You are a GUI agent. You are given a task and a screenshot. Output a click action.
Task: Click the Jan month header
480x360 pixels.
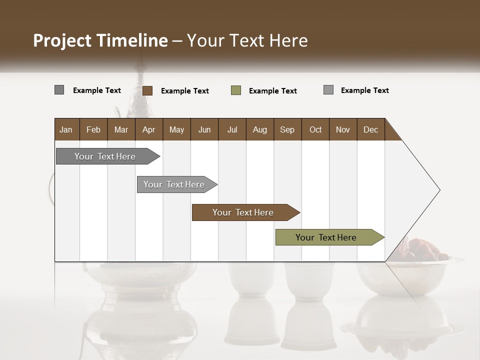tap(66, 129)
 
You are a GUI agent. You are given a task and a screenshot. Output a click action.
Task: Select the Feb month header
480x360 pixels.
tap(93, 129)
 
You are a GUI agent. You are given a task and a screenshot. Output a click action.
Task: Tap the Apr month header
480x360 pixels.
tap(148, 129)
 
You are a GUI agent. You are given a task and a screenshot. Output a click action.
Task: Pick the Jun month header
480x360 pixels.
tap(204, 129)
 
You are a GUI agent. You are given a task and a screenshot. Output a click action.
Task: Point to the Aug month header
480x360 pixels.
tap(259, 129)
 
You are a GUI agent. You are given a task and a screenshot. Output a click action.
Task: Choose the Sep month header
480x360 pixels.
tap(287, 129)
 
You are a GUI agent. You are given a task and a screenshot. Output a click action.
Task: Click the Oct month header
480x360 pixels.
tap(315, 129)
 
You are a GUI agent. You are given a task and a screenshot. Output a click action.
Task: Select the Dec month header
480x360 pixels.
tap(370, 129)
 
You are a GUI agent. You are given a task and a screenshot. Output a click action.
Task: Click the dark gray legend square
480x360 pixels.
tap(59, 90)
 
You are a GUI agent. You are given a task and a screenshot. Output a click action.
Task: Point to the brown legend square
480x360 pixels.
tap(147, 90)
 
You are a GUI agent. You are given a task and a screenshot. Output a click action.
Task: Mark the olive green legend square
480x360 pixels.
tap(236, 90)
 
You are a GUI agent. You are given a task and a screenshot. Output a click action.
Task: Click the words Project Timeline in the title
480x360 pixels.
tap(100, 40)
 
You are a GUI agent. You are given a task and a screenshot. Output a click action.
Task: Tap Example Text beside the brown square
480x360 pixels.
tap(184, 91)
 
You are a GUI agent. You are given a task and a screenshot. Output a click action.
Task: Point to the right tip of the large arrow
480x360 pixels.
tap(438, 190)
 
